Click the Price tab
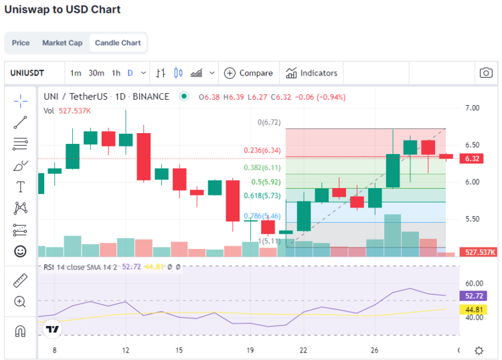(x=21, y=43)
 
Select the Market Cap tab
(x=62, y=43)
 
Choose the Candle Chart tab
(x=118, y=43)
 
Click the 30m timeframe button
(x=96, y=73)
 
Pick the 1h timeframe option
(x=116, y=73)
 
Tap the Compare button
(x=248, y=73)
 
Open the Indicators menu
(x=312, y=73)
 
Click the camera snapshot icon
(x=486, y=73)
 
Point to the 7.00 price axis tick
(x=472, y=108)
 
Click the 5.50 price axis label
(x=472, y=219)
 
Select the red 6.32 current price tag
(x=473, y=159)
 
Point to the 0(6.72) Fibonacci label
(x=268, y=122)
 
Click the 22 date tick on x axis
(x=303, y=350)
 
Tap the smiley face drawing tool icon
(x=20, y=252)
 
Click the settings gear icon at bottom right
(x=479, y=350)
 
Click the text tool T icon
(x=20, y=187)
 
